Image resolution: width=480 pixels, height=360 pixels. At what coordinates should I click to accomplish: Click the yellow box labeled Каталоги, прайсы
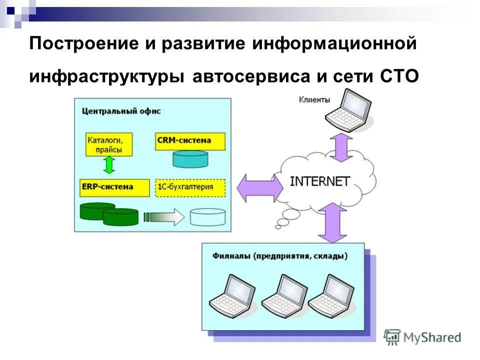(105, 144)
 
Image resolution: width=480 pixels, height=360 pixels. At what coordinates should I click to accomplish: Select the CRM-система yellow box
(190, 140)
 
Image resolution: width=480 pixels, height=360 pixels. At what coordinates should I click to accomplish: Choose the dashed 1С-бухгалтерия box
(190, 187)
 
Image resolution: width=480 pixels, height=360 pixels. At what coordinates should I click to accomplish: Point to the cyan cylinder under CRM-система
(190, 158)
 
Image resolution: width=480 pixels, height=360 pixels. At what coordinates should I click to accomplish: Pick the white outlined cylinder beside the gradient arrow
(207, 216)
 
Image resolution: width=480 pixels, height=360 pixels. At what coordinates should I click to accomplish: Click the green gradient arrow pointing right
(163, 216)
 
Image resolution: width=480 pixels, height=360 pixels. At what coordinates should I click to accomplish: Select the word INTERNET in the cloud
(319, 181)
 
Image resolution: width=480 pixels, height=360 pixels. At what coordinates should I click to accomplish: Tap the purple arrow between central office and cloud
(259, 187)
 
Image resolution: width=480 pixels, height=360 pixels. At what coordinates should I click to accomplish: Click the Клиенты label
(314, 99)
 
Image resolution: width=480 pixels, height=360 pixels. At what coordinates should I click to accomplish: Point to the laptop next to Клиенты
(348, 111)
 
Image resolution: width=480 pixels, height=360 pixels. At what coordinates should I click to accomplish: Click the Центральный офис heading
(121, 111)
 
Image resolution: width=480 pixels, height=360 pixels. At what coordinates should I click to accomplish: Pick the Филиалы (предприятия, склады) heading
(279, 256)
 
